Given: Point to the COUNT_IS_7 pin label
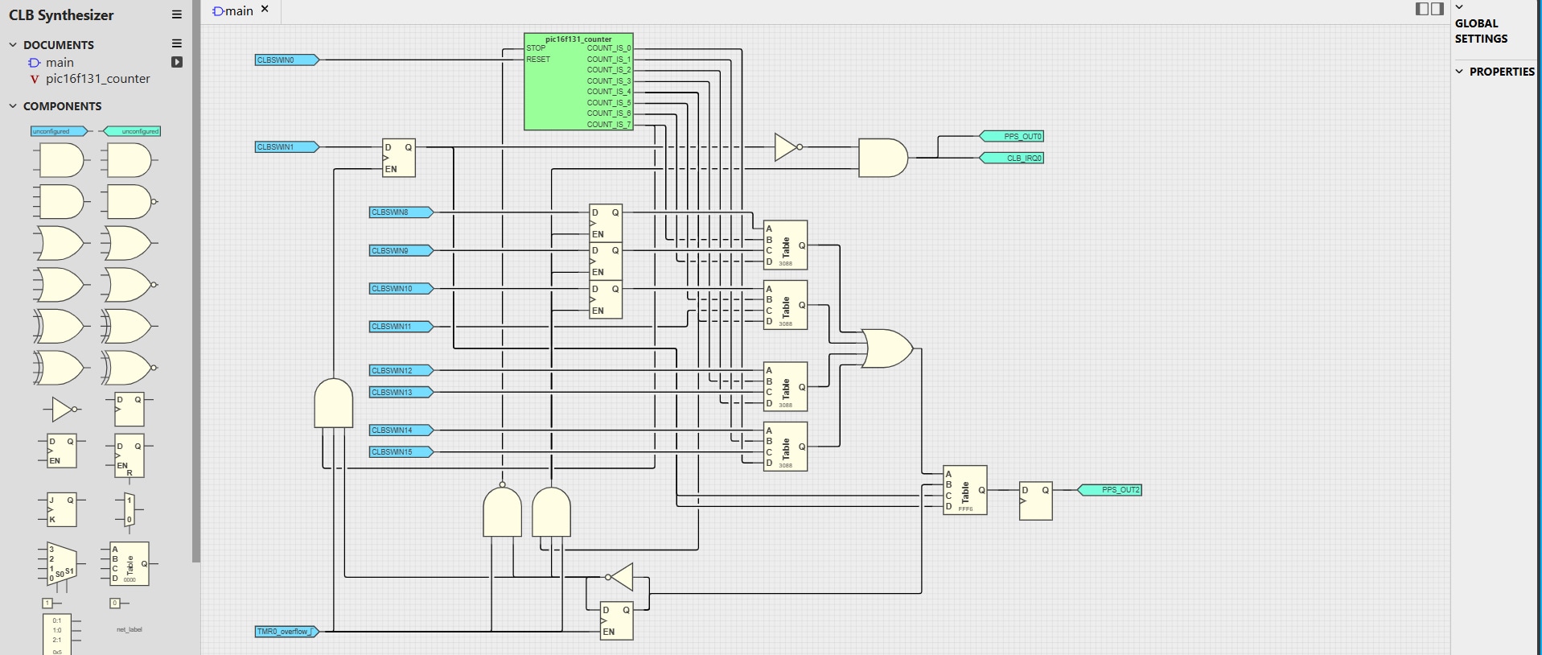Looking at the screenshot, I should tap(609, 125).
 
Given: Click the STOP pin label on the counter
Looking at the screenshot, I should tap(537, 48).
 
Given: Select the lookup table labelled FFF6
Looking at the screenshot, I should tap(964, 490).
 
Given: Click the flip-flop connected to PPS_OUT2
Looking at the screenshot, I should tap(1035, 501).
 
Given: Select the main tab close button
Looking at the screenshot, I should tap(265, 10).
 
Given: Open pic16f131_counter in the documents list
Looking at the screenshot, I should tap(97, 79).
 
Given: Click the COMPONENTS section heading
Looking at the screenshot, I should tap(62, 106).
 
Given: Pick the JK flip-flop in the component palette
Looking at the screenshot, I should tap(61, 509).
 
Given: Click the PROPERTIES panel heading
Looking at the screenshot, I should tap(1501, 72).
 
